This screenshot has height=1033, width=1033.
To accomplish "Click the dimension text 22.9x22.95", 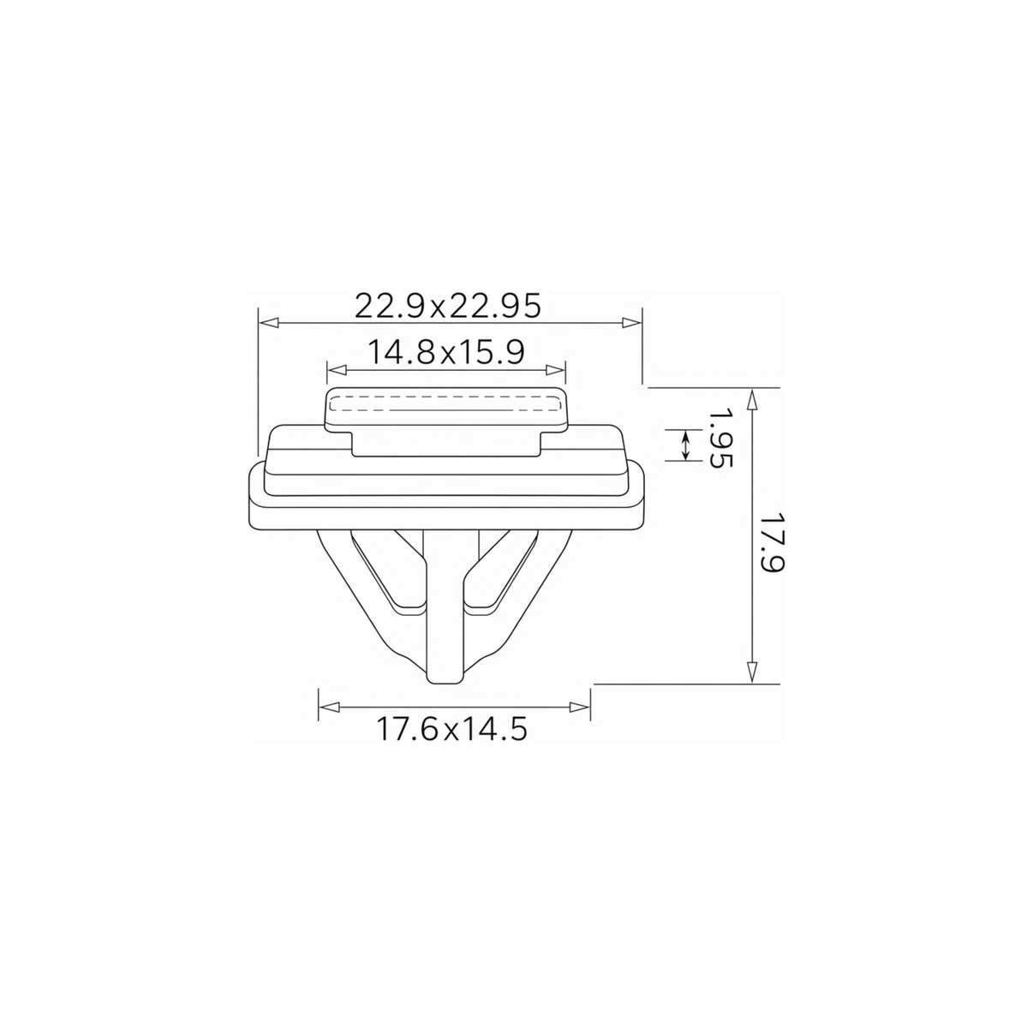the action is pyautogui.click(x=448, y=306).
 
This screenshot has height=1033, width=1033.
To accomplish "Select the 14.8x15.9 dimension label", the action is pyautogui.click(x=445, y=352).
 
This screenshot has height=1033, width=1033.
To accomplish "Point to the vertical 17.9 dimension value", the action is pyautogui.click(x=772, y=542).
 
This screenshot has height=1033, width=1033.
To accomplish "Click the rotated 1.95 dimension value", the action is pyautogui.click(x=720, y=439).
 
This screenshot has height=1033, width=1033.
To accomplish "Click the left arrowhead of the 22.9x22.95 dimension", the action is pyautogui.click(x=269, y=323).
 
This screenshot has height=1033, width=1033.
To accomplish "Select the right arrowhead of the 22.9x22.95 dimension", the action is pyautogui.click(x=631, y=323).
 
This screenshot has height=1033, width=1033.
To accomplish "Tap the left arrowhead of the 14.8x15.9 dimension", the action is pyautogui.click(x=337, y=370).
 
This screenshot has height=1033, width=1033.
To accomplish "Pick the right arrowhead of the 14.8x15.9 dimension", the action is pyautogui.click(x=555, y=370).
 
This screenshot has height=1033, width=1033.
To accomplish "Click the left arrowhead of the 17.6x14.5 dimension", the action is pyautogui.click(x=329, y=707).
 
